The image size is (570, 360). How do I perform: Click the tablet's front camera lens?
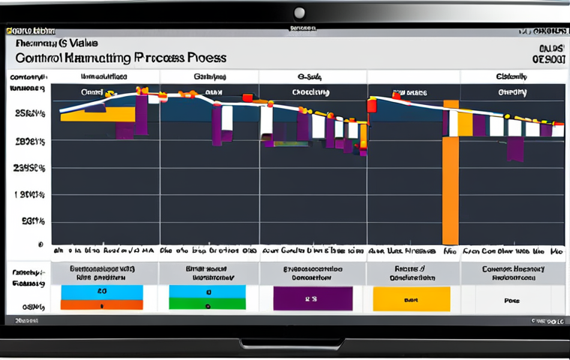tap(299, 13)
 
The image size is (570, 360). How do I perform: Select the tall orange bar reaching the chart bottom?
tap(450, 180)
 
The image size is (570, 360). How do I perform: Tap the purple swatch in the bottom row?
tap(313, 298)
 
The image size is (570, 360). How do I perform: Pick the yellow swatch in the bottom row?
tap(410, 298)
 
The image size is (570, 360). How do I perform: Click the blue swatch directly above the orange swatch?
tap(101, 291)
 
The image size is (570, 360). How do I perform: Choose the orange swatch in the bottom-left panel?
tap(101, 304)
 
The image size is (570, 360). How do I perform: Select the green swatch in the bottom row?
tap(207, 304)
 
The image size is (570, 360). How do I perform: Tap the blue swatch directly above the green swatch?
tap(207, 291)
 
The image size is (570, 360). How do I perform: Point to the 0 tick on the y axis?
tap(40, 244)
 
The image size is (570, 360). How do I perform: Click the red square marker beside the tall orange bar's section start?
tap(371, 106)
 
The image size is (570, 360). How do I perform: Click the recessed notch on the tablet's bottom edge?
tap(293, 344)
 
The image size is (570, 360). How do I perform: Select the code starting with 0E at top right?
tap(547, 58)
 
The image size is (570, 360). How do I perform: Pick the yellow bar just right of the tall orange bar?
tap(465, 123)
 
